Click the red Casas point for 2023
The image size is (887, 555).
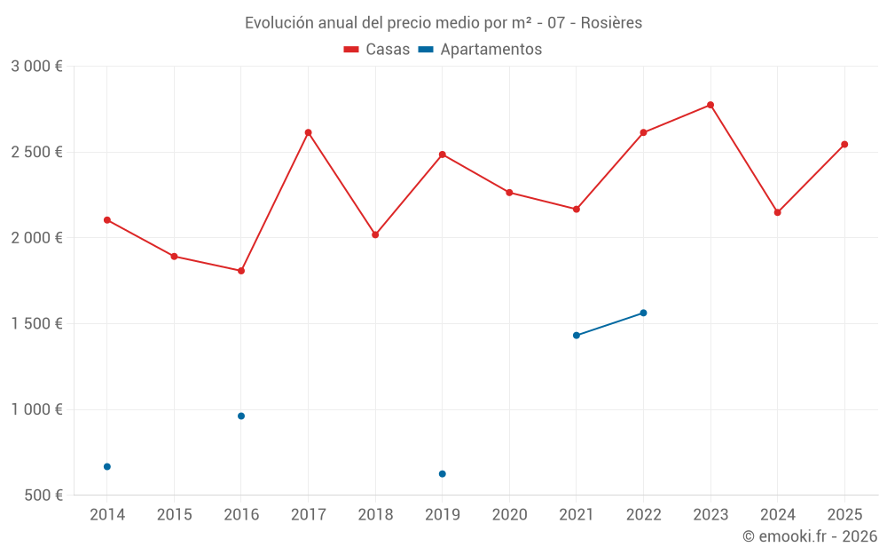click(710, 105)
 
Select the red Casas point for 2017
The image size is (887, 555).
click(308, 132)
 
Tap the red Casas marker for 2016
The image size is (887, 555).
click(241, 271)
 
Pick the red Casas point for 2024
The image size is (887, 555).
click(777, 212)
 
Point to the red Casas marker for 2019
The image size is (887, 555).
click(443, 155)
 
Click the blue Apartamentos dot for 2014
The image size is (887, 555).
click(107, 466)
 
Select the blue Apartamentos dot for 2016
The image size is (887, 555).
click(241, 416)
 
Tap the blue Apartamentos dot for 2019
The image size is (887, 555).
click(443, 473)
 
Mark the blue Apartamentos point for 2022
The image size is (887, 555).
click(643, 313)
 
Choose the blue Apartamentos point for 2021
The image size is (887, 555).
click(577, 335)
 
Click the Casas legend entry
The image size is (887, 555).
click(377, 50)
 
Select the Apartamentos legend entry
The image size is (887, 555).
click(480, 50)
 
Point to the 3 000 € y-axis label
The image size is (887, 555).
click(36, 67)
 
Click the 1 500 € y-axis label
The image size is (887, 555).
click(36, 323)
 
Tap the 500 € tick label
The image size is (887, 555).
click(43, 495)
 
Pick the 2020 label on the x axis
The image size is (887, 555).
click(509, 514)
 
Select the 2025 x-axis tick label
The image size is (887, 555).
click(844, 514)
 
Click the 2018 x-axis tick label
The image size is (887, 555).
click(375, 514)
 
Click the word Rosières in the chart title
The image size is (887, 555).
click(611, 22)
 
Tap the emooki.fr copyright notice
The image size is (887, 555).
click(809, 536)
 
